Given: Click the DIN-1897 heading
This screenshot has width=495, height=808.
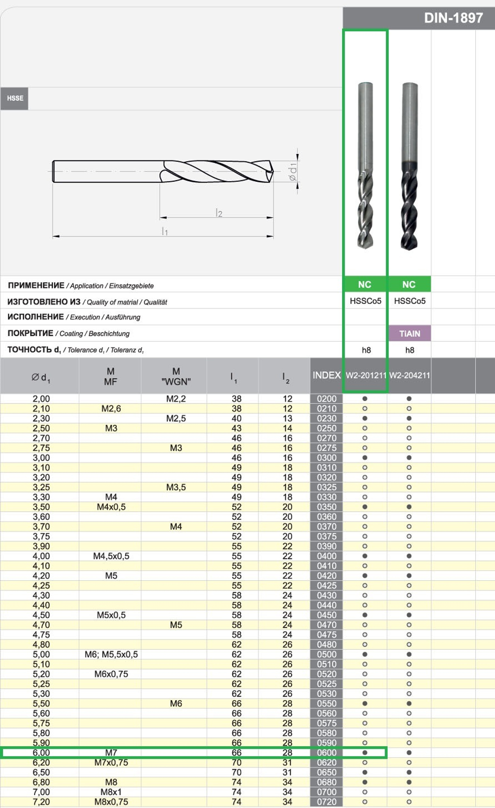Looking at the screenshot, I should click(x=453, y=18).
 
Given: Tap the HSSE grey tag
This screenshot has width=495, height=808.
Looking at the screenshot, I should click(x=15, y=99).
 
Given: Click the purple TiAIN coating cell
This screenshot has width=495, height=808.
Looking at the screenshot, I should click(x=409, y=334).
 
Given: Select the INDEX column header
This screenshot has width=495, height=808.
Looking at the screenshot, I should click(x=326, y=375).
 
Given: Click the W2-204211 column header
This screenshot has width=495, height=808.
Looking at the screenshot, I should click(x=409, y=375).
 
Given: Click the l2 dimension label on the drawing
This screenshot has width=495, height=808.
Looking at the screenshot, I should click(x=219, y=213).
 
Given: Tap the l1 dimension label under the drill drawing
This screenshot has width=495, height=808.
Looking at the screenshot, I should click(x=165, y=231).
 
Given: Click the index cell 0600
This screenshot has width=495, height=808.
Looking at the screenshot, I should click(x=326, y=753).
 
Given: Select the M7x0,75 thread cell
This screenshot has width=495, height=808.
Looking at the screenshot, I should click(x=111, y=762).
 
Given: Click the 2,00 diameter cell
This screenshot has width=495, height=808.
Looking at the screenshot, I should click(x=41, y=399).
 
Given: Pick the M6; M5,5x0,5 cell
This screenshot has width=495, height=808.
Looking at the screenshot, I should click(x=111, y=655).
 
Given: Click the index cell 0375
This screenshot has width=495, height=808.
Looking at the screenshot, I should click(x=326, y=536).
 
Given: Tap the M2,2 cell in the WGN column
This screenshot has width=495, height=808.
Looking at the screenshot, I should click(x=176, y=399).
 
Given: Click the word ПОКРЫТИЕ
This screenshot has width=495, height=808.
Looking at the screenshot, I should click(x=30, y=333).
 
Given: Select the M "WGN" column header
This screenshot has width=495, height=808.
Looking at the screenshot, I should click(x=176, y=376).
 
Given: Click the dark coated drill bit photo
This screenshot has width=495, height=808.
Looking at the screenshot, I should click(x=409, y=166).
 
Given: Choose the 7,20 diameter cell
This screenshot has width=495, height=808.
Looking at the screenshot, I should click(x=41, y=802).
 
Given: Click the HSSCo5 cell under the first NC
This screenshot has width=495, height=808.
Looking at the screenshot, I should click(x=365, y=301).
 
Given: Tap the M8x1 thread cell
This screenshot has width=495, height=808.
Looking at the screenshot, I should click(x=111, y=792).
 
